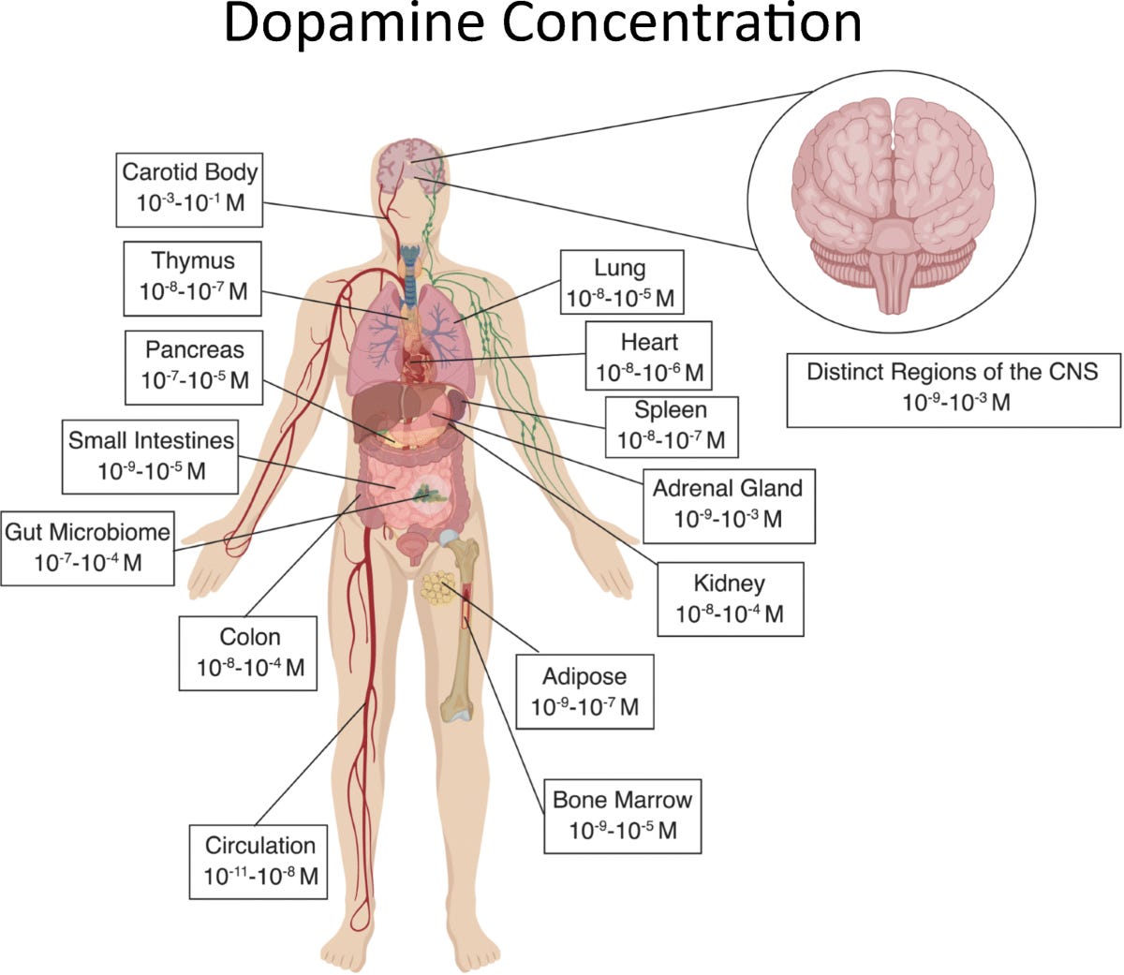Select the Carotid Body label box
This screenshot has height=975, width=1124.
click(x=189, y=189)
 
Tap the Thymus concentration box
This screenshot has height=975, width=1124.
click(x=193, y=278)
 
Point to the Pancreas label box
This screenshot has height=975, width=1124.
click(x=195, y=367)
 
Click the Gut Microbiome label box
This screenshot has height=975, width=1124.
click(x=87, y=548)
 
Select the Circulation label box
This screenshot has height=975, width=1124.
click(x=259, y=862)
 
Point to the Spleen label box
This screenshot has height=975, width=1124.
click(x=671, y=425)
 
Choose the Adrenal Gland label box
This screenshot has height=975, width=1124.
click(x=728, y=505)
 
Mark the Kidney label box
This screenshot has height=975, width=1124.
click(x=730, y=599)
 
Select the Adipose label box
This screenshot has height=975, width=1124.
click(x=584, y=692)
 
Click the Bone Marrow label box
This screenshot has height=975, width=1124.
click(x=622, y=816)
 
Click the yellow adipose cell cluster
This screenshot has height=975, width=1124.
click(x=436, y=588)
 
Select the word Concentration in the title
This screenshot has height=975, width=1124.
click(x=682, y=26)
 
